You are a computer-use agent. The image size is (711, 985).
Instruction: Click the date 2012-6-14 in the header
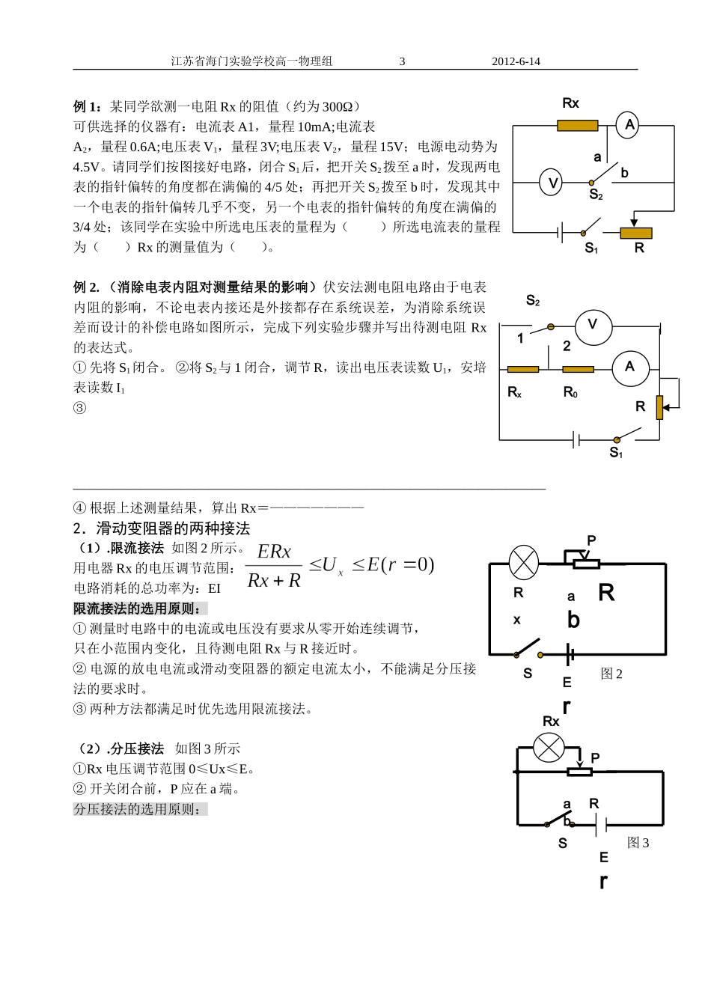point(516,62)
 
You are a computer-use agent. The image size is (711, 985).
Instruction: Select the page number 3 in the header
point(402,62)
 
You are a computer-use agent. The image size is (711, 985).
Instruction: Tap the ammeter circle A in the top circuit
point(629,126)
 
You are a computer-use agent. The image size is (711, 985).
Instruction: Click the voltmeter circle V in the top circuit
point(551,183)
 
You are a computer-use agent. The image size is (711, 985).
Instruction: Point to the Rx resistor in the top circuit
point(577,126)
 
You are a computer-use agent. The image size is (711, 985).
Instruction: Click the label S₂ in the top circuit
point(596,195)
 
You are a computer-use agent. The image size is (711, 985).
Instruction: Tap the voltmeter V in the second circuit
point(593,325)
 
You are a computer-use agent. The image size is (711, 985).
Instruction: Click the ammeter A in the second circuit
point(629,367)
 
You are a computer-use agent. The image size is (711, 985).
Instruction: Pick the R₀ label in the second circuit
point(570,392)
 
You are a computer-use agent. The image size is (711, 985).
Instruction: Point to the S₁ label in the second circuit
point(616,453)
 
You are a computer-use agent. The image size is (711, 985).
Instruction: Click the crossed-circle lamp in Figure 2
point(523,562)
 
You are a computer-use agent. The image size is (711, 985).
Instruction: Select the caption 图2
point(611,674)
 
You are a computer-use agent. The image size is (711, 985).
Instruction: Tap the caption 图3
point(638,843)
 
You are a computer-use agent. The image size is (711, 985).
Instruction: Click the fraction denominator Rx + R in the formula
point(273,580)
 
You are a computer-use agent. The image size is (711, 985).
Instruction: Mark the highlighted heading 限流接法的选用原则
point(141,609)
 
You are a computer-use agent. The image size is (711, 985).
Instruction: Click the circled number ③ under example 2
point(79,408)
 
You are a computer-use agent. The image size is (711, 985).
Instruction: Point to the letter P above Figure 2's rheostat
point(591,540)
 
